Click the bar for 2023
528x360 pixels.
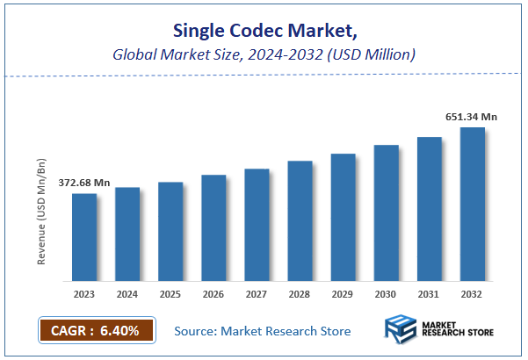84,237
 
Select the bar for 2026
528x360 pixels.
213,227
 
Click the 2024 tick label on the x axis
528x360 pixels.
127,294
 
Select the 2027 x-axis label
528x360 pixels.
257,294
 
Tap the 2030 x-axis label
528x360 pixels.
386,294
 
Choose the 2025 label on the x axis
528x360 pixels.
170,294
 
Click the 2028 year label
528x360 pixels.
300,294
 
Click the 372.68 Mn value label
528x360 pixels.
84,183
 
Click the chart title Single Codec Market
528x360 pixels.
264,32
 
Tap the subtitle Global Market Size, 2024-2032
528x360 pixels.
264,54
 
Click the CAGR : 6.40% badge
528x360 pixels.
97,330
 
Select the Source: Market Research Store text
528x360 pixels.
262,331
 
